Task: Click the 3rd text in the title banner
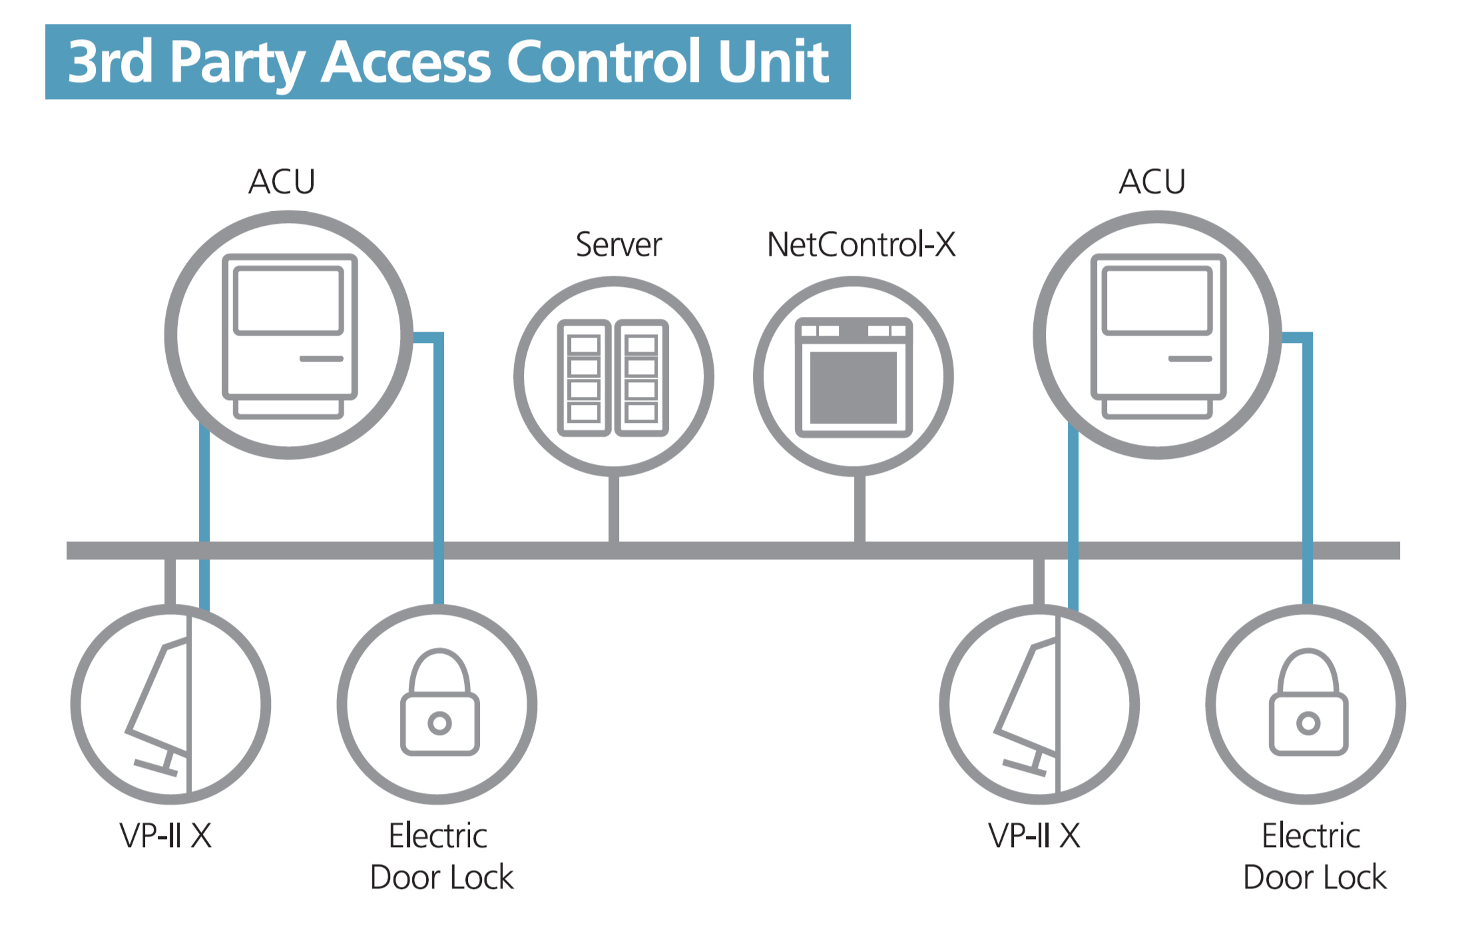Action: point(110,62)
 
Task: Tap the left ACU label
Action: point(282,181)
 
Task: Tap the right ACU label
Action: point(1152,181)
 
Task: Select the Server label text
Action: point(618,244)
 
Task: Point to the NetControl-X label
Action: point(861,244)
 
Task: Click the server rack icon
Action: point(613,378)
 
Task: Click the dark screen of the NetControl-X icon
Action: point(854,387)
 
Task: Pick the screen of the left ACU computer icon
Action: point(288,300)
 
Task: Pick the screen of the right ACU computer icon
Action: point(1157,300)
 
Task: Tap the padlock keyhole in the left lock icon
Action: point(439,723)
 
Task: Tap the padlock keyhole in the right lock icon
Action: point(1308,723)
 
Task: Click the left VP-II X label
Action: point(166,835)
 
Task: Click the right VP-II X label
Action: point(1034,835)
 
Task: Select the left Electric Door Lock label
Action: point(441,856)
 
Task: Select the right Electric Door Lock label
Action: point(1314,856)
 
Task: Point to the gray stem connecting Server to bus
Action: point(614,509)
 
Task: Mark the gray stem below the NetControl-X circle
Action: point(860,509)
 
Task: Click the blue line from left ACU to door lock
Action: point(438,466)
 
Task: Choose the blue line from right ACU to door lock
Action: point(1307,466)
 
